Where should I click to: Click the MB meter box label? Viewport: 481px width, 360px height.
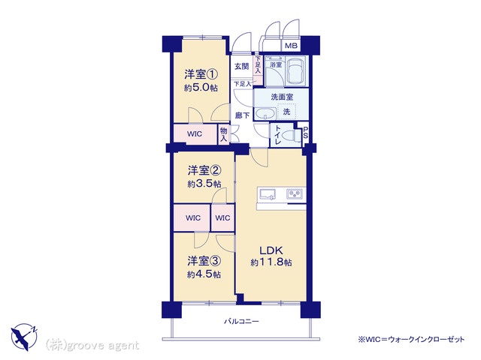coord(291,46)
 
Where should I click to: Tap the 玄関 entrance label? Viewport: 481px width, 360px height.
coord(242,66)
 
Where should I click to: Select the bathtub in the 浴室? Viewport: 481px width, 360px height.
coord(295,71)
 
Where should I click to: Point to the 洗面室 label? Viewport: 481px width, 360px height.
coord(282,97)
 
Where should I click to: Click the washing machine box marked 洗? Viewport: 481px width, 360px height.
coord(286,112)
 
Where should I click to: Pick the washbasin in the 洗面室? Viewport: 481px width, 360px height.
coord(265,113)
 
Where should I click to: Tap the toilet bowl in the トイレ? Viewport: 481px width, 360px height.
coord(291,135)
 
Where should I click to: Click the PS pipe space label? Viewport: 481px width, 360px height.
coord(306,133)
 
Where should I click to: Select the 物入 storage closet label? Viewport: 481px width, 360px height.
coord(224,135)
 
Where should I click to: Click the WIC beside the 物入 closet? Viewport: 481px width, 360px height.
coord(195,133)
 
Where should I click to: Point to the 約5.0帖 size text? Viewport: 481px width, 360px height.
coord(201,88)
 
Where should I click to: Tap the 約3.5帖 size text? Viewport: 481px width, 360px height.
coord(204,184)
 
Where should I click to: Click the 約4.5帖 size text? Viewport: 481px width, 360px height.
coord(204,274)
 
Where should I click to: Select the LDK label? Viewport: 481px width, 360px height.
coord(271,250)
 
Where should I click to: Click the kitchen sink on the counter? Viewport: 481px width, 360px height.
coord(268,194)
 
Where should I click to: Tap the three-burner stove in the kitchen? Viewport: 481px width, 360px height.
coord(295,193)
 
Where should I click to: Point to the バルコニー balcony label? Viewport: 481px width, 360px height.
coord(241,322)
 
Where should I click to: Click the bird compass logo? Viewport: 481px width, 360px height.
coord(24,337)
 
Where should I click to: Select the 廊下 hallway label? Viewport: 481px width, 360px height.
coord(242,115)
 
